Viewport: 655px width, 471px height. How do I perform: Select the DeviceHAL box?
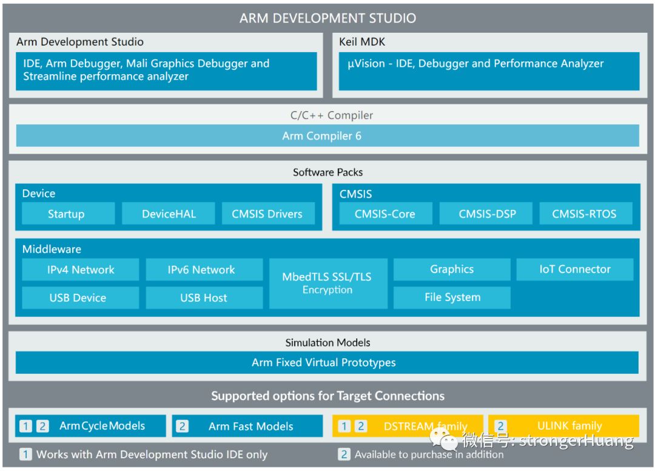[169, 214]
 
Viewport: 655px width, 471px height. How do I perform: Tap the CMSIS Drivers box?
[267, 214]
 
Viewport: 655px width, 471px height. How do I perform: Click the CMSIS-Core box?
[385, 214]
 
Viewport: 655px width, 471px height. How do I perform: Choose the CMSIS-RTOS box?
[585, 214]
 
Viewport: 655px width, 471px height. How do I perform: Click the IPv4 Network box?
[80, 270]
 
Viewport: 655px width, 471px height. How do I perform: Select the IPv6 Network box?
[204, 270]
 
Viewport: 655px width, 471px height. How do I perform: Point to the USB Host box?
[204, 298]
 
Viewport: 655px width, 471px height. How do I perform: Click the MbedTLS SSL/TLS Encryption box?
[327, 283]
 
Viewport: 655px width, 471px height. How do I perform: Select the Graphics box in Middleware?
[452, 269]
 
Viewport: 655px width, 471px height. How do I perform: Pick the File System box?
[452, 297]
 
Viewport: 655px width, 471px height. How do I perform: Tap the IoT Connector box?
[574, 269]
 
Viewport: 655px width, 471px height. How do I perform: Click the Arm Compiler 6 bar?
[327, 136]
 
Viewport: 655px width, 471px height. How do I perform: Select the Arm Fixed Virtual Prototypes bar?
[327, 362]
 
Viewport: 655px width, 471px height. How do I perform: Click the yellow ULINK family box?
[563, 426]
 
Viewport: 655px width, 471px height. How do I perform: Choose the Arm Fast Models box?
[247, 426]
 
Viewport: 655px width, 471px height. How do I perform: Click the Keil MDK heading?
[362, 42]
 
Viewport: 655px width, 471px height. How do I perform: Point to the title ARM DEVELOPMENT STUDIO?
[327, 18]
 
